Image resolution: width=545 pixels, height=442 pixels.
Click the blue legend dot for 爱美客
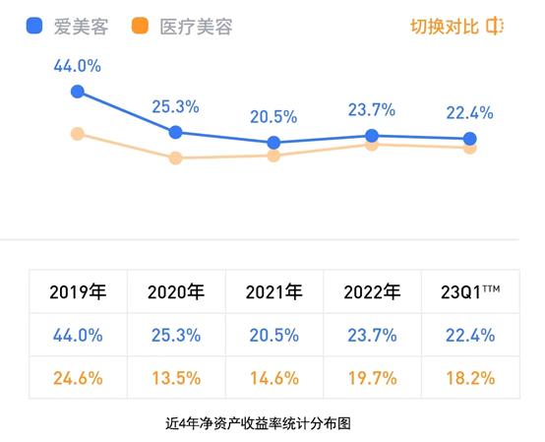(x=34, y=27)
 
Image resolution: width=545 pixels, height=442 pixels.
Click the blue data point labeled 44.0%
(x=78, y=92)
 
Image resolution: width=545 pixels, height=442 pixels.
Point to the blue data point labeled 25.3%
(x=175, y=132)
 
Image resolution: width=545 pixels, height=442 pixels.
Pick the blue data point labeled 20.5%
(x=273, y=143)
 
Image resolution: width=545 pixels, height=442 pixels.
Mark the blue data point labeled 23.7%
(x=372, y=136)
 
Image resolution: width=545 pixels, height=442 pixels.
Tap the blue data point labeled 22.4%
(x=469, y=139)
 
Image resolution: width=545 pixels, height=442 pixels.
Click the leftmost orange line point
(x=78, y=133)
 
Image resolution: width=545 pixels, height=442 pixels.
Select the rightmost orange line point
(x=469, y=148)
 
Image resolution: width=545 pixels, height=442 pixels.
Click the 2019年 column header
(x=78, y=291)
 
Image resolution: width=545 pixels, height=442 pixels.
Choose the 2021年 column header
(x=274, y=291)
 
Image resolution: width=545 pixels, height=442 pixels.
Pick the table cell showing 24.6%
(x=78, y=378)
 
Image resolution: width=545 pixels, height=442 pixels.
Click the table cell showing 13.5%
(x=176, y=378)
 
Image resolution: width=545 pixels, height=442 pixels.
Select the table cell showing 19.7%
(x=372, y=378)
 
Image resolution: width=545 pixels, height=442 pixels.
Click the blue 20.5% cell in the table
(x=274, y=335)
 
